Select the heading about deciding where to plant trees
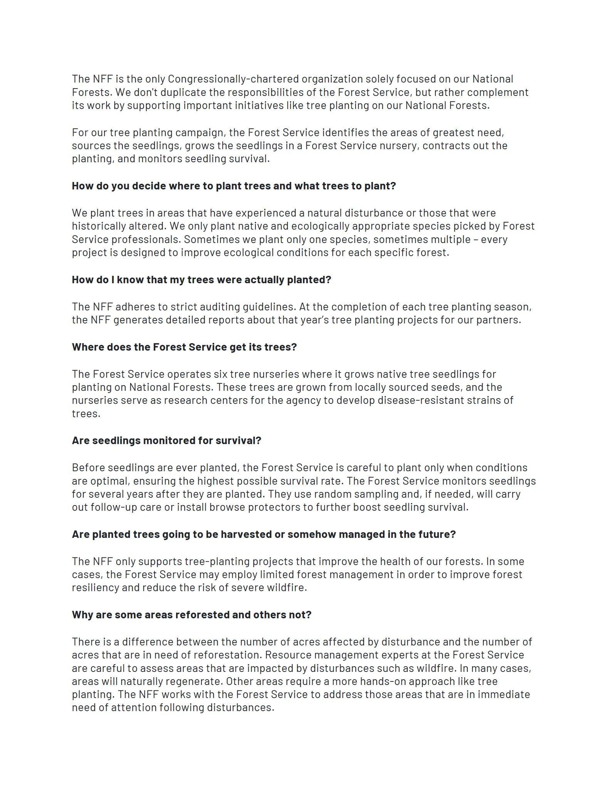(234, 186)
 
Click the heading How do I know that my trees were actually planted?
(201, 280)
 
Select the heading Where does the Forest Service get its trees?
(184, 347)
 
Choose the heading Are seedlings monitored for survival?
(166, 441)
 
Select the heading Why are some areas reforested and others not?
(192, 615)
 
